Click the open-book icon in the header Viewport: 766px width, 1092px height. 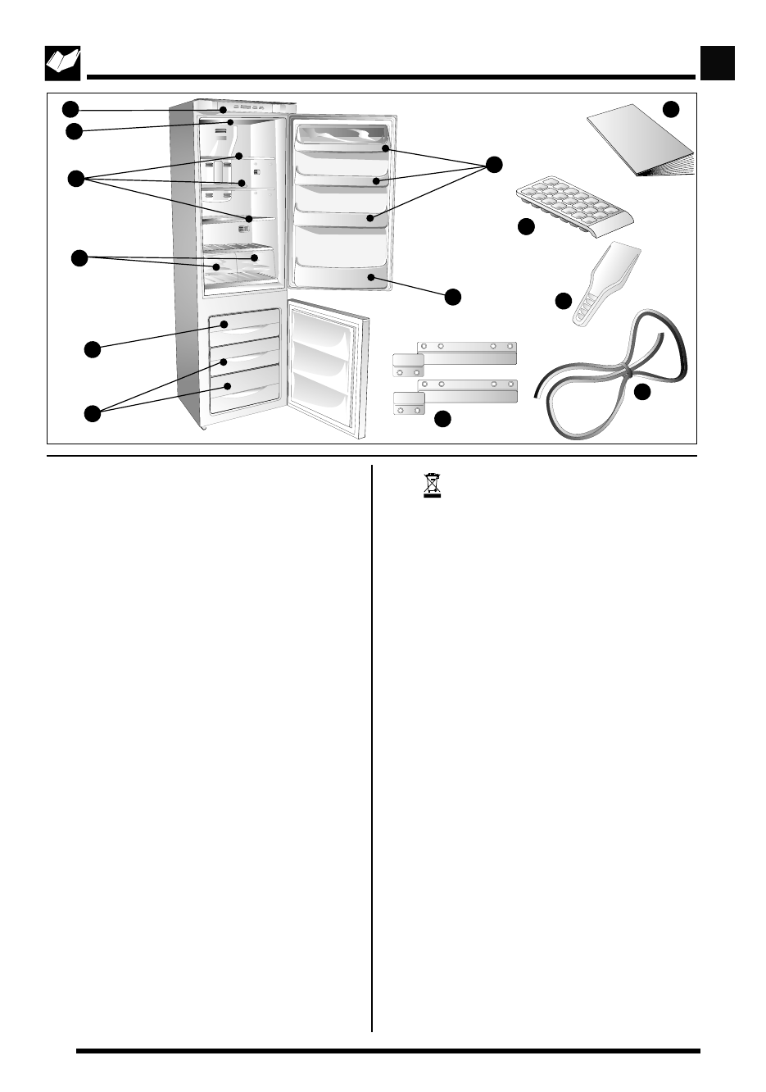(62, 64)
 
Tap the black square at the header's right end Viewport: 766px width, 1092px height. (718, 63)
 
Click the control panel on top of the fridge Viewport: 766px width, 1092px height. (243, 107)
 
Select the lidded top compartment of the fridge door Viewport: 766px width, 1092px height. (341, 136)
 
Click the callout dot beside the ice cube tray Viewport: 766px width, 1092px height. (527, 227)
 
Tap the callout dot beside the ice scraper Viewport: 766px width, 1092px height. (564, 301)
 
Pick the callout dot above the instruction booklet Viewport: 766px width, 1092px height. (671, 109)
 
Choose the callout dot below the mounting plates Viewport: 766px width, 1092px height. (442, 419)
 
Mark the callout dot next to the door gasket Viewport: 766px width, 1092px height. (642, 392)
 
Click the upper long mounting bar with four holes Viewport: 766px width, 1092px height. (467, 352)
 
